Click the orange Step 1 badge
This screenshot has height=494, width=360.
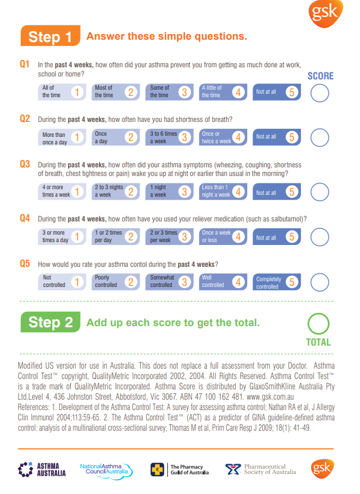(50, 36)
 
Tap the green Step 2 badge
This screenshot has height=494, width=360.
(50, 323)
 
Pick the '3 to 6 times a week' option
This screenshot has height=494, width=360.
(170, 137)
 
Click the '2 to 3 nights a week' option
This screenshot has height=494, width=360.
(115, 191)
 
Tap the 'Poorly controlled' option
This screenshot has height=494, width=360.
(115, 282)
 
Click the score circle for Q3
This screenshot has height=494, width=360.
(320, 191)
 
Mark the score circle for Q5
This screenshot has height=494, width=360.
(320, 282)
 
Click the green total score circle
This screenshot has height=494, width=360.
(319, 324)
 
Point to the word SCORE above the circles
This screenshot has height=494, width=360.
(320, 76)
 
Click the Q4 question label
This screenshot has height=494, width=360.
(25, 219)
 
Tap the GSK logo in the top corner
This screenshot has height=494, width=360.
(327, 13)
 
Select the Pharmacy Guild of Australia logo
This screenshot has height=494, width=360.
(179, 470)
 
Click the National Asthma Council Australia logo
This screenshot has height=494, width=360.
(106, 470)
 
